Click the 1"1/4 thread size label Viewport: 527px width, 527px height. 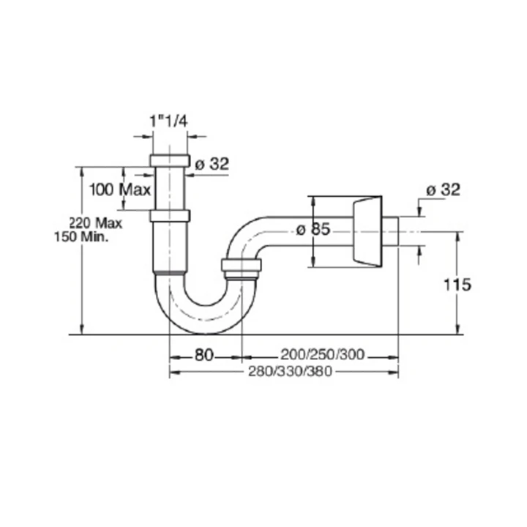click(x=168, y=122)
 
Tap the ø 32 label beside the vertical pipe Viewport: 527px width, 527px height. click(x=212, y=164)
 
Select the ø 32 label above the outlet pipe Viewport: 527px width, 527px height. click(x=443, y=190)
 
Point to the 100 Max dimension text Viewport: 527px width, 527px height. click(x=120, y=190)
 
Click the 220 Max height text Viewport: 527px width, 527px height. click(x=95, y=223)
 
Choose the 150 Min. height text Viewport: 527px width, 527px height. click(x=81, y=237)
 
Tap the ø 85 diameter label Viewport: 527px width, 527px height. click(x=313, y=230)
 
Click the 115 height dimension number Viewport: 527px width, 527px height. click(x=457, y=285)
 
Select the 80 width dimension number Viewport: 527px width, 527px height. click(x=204, y=355)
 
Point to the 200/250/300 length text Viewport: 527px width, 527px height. click(x=322, y=354)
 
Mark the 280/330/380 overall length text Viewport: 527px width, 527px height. click(x=290, y=371)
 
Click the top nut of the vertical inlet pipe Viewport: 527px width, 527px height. click(x=170, y=160)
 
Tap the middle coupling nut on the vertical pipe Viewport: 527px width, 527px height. click(x=170, y=216)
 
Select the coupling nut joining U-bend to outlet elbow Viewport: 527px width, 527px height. click(x=242, y=266)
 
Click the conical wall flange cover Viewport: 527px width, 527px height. click(x=367, y=231)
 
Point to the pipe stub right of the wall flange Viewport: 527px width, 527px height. click(x=390, y=231)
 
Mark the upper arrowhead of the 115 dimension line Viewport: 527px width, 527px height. click(x=457, y=235)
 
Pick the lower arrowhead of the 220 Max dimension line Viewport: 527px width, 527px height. click(x=81, y=330)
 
